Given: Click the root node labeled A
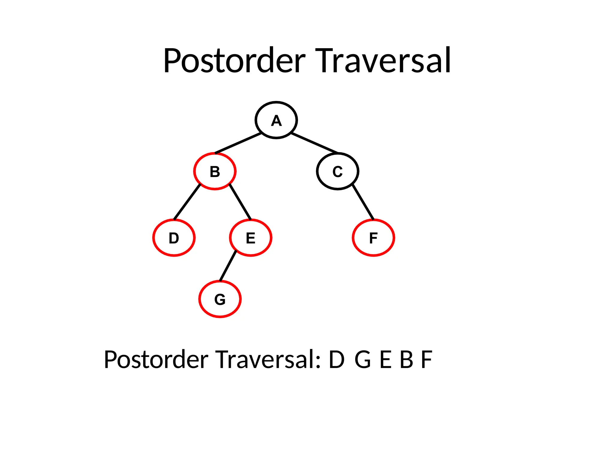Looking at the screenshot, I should (276, 120).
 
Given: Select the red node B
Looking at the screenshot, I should (215, 171).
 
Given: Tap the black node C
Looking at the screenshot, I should (338, 171).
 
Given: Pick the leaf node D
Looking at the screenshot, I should (174, 238).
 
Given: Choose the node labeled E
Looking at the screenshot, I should (251, 238).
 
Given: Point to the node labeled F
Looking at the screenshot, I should (373, 238).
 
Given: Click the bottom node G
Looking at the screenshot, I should (220, 299).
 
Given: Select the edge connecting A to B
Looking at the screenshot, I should (238, 143).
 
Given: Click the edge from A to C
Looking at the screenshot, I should (314, 143).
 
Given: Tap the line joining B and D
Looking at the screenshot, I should (187, 202).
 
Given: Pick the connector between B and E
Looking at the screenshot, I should (240, 202).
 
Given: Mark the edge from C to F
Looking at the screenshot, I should (363, 202).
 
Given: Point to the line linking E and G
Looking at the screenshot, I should (228, 266).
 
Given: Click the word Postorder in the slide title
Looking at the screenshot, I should (234, 61).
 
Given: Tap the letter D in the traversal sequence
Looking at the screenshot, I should (336, 360).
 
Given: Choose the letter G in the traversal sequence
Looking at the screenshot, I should (363, 360).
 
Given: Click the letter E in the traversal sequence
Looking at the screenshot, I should (386, 360).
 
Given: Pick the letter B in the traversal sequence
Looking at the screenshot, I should (406, 360).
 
